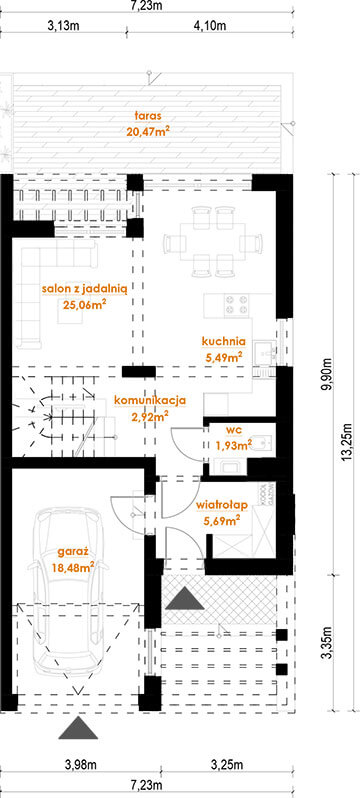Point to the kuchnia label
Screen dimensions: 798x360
[x=223, y=340]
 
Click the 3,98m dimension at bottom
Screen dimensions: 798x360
[x=80, y=766]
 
